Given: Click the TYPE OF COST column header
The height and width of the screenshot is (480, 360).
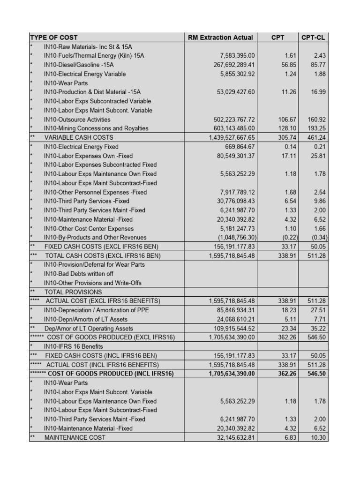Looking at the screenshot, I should coord(54,37).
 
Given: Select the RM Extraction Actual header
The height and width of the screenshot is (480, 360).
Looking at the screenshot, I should coord(220,37).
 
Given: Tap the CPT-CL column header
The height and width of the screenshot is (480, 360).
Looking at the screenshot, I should coord(314,37).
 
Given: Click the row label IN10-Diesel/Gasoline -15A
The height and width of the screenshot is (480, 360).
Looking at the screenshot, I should coord(79,65).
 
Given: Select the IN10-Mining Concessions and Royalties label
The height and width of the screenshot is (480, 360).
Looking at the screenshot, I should coord(96,128).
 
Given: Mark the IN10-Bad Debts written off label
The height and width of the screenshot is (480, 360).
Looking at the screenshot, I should coord(78,274).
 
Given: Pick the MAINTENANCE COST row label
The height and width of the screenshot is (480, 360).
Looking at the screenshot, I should coord(75,437).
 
